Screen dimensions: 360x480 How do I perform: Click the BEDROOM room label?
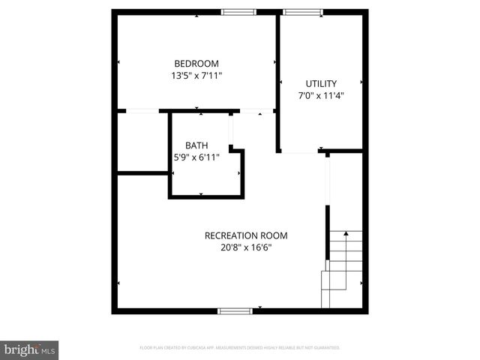[196, 64]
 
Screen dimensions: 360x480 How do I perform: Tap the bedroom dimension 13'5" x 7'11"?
[196, 76]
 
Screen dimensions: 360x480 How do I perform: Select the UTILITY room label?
[320, 83]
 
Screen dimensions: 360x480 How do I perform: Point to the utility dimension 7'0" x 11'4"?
[320, 95]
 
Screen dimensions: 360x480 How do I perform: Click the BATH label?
[196, 145]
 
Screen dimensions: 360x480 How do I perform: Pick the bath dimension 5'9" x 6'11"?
[196, 157]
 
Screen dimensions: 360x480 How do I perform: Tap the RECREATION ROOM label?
[246, 235]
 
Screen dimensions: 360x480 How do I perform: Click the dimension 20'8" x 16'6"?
[246, 247]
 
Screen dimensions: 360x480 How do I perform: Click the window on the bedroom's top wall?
[238, 12]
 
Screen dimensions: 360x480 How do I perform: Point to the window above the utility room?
[303, 12]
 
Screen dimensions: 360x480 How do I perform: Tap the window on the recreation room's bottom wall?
[235, 310]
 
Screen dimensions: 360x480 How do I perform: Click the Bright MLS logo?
[29, 349]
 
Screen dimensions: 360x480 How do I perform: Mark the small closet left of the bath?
[142, 142]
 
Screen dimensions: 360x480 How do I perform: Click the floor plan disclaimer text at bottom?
[240, 348]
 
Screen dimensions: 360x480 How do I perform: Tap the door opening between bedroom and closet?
[142, 111]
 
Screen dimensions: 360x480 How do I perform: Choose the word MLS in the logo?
[49, 350]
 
